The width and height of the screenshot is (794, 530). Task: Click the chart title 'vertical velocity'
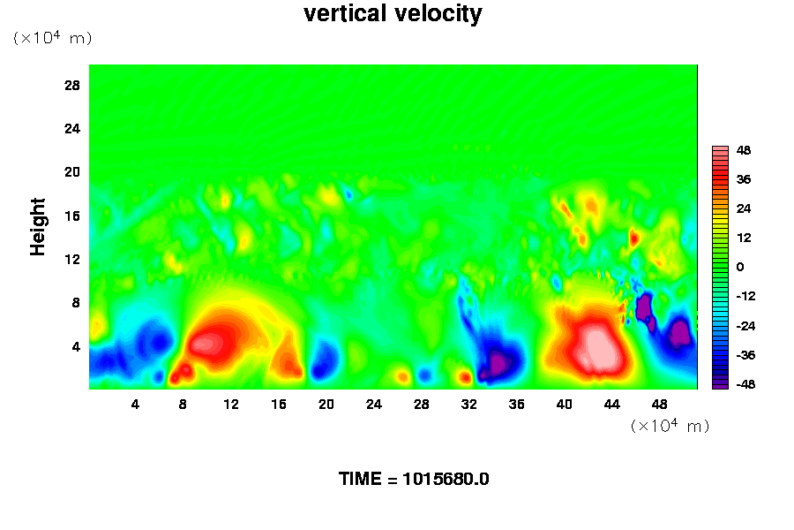coord(393,14)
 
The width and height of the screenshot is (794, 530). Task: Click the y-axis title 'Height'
coord(37,227)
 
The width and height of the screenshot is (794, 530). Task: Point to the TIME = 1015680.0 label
coord(414,479)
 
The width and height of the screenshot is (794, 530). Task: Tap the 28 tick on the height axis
coord(72,85)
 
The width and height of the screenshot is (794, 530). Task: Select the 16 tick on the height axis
coord(72,216)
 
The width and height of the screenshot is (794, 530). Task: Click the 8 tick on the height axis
coord(76,303)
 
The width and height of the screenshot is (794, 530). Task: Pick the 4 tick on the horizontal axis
coord(135,405)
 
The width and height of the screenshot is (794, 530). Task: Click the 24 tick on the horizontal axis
coord(374,405)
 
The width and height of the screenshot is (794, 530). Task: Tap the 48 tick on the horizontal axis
coord(659,405)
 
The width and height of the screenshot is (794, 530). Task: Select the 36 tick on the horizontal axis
coord(516,405)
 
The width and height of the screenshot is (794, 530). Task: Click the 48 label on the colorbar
coord(744,150)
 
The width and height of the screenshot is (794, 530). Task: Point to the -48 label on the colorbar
coord(745,384)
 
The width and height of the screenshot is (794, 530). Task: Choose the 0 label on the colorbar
coord(740,267)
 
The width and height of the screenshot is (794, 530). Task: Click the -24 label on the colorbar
coord(745,326)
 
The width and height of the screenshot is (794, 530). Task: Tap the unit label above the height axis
coord(52,37)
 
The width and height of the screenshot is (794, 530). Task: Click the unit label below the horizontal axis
coord(670,425)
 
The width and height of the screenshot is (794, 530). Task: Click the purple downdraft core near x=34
coord(498,363)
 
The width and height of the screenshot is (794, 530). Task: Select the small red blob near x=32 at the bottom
coord(465,377)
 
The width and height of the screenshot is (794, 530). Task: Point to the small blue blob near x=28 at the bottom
coord(425,375)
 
